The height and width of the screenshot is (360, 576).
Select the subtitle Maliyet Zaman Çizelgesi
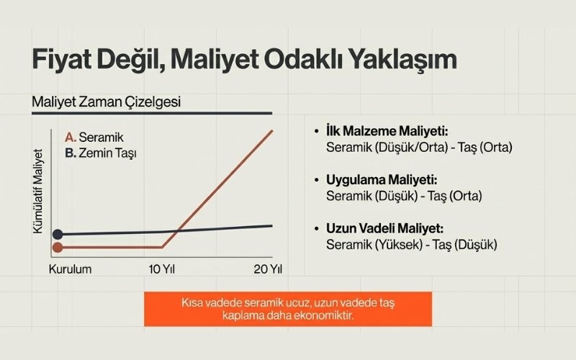tap(106, 102)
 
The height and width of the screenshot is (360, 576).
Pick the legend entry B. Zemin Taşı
tap(102, 153)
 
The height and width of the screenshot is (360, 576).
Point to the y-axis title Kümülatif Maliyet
tap(38, 190)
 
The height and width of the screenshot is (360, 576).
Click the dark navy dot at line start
tap(58, 234)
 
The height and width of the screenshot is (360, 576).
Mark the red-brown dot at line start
tap(58, 247)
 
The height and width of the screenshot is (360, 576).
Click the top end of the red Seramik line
tap(272, 130)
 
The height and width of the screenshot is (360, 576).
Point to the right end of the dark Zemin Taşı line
tap(272, 226)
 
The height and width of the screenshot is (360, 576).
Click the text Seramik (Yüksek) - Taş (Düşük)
tap(412, 244)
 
